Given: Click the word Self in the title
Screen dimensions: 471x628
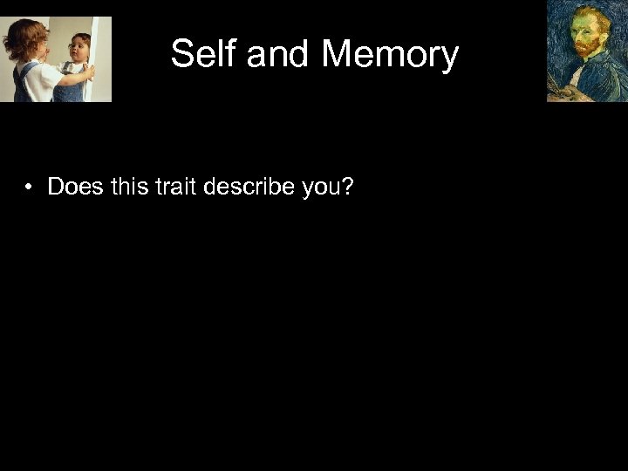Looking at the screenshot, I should tap(205, 54).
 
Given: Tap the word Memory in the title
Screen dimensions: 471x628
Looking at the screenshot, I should tap(390, 54).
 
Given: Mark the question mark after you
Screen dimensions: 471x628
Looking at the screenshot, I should tap(349, 187).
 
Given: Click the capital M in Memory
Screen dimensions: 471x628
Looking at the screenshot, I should tap(337, 54).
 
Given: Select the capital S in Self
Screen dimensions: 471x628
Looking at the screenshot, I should tap(182, 54).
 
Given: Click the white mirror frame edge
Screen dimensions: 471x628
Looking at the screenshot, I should tap(103, 52).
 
